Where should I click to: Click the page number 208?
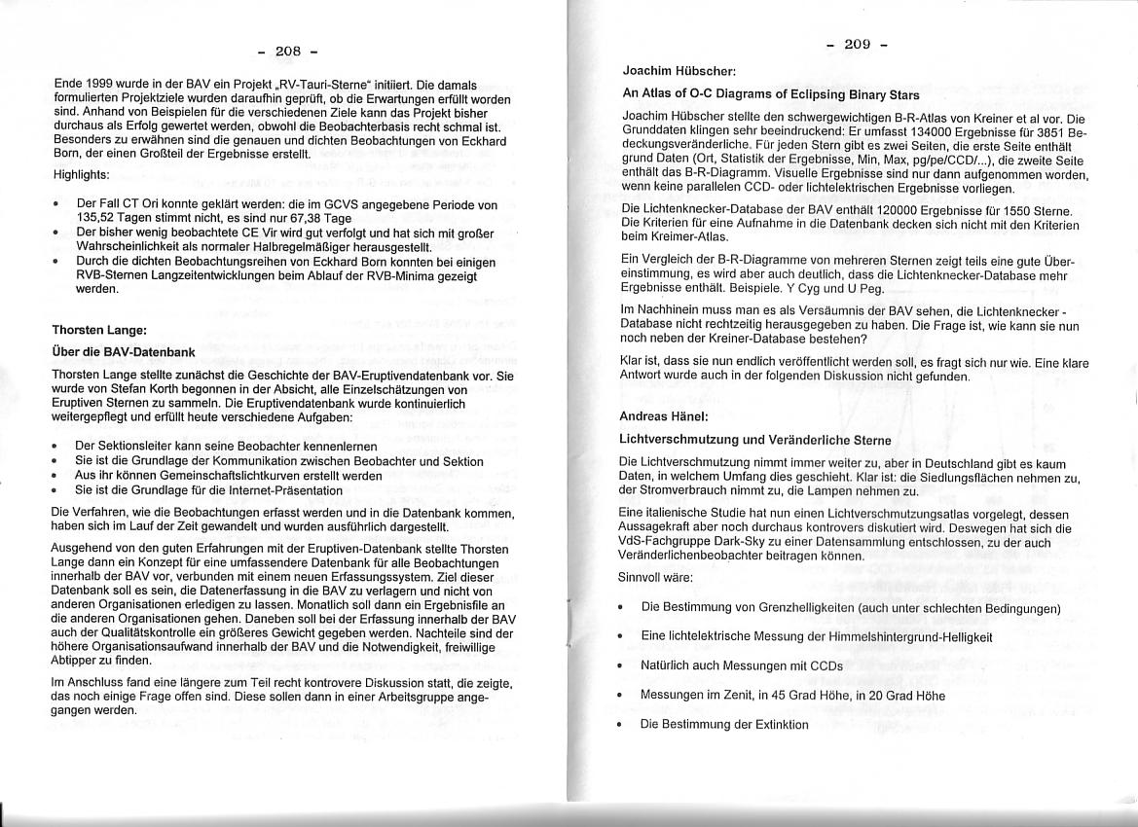(288, 51)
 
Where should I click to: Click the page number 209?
(857, 44)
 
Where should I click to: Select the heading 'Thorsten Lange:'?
(99, 330)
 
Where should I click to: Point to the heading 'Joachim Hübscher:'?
(679, 71)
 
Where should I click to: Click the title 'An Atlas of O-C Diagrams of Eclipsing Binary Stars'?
(770, 94)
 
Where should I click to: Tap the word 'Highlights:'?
(82, 175)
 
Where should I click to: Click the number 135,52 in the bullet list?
(94, 220)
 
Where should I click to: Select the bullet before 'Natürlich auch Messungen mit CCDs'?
(621, 666)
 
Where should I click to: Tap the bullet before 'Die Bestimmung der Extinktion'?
(621, 726)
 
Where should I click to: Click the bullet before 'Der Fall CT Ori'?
(57, 206)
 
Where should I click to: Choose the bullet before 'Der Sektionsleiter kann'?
(57, 446)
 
